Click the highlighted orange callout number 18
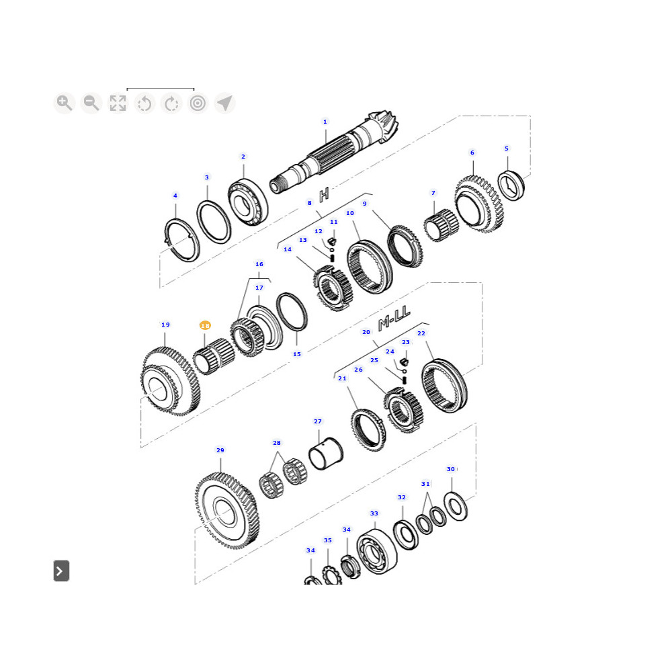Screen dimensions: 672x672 (205, 326)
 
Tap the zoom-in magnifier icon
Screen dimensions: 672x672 (65, 103)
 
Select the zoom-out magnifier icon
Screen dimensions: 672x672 (91, 103)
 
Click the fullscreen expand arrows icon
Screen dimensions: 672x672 (118, 103)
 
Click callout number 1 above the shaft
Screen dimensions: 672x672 (325, 122)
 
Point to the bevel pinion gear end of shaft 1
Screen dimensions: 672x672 (382, 126)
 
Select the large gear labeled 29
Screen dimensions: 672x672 (227, 511)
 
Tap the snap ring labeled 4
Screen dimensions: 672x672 (183, 240)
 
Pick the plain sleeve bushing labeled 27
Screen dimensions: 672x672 (326, 454)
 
